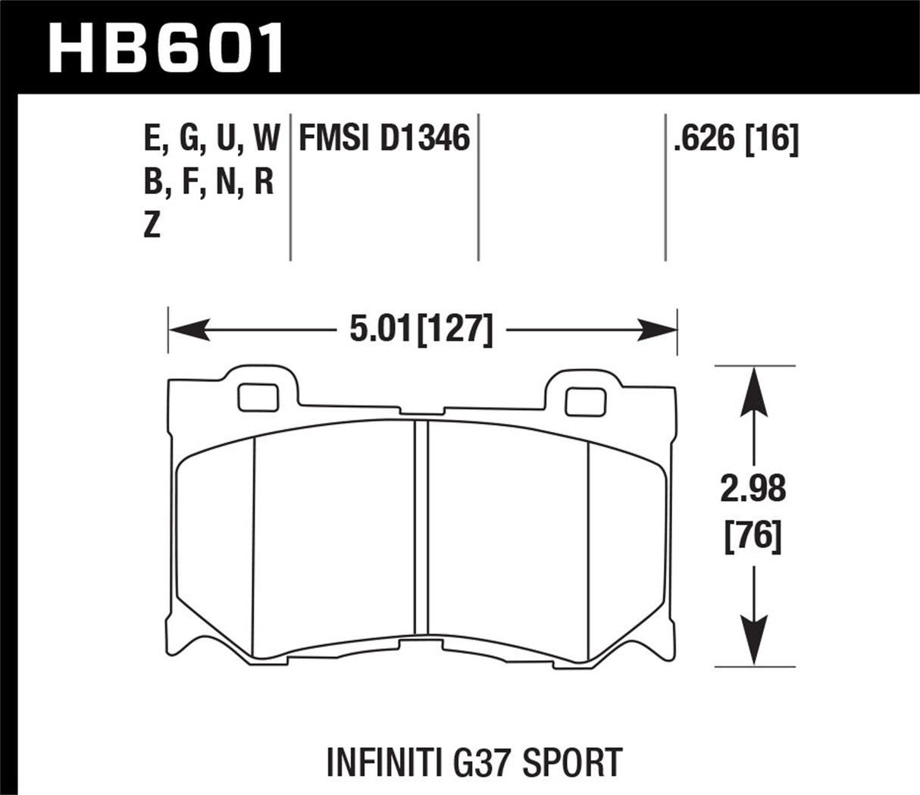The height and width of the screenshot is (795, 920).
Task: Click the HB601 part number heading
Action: click(x=165, y=47)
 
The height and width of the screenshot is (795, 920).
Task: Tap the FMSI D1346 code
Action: click(x=385, y=139)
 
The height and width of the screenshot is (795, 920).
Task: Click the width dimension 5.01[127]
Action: click(x=421, y=330)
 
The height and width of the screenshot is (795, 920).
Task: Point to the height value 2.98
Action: click(x=753, y=490)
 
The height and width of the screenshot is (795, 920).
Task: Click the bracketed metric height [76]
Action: click(x=753, y=537)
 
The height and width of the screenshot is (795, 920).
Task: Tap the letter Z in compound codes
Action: click(x=152, y=225)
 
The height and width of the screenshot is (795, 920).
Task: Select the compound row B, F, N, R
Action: click(x=208, y=182)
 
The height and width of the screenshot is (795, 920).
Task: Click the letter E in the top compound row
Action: click(x=151, y=139)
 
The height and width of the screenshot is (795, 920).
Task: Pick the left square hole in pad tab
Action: click(x=257, y=396)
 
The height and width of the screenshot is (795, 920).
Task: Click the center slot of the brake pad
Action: click(x=421, y=531)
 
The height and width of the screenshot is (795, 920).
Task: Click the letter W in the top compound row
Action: click(x=266, y=139)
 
